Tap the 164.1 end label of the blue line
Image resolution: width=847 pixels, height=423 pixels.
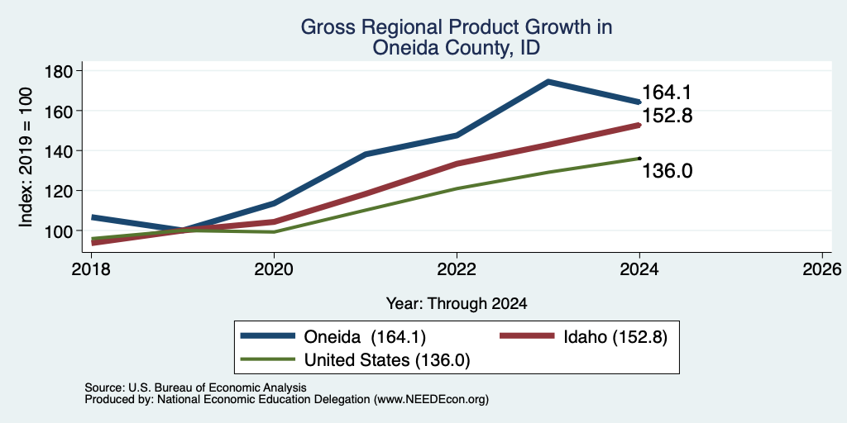pos(667,93)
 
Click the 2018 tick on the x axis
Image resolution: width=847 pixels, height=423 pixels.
pos(91,269)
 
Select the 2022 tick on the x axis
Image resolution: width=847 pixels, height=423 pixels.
pos(457,269)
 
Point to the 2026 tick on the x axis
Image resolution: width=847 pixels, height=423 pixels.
pos(822,269)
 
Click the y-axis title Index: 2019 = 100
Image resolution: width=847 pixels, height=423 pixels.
pos(26,158)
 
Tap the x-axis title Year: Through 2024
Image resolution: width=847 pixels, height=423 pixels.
pos(457,304)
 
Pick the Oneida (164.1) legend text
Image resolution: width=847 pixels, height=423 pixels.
pos(365,337)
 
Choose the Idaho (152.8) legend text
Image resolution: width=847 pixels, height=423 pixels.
pos(615,337)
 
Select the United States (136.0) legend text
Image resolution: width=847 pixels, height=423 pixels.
pos(387,360)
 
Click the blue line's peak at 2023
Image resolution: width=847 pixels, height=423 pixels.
pos(548,82)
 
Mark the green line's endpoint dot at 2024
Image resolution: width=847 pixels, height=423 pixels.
pos(639,158)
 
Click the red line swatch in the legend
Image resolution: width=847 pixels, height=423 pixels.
pos(527,336)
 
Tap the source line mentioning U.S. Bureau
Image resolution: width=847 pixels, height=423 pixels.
pos(195,387)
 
